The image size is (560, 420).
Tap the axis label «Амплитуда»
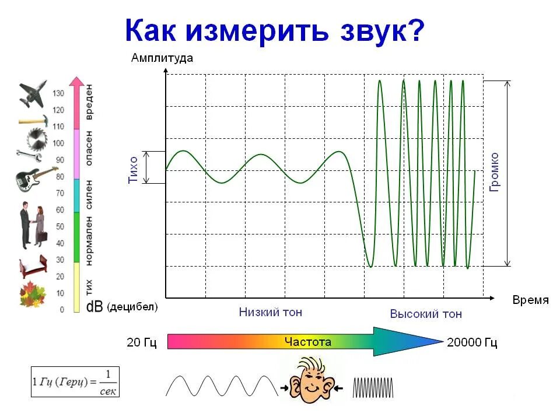[162, 58]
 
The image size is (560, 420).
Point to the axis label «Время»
[530, 300]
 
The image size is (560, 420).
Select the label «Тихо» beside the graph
[133, 170]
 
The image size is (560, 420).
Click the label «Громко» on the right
[494, 172]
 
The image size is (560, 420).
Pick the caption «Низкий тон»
[271, 312]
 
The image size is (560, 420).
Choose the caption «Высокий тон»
[426, 314]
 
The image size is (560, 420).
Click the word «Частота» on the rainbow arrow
[307, 342]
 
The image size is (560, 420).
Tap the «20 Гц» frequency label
[142, 342]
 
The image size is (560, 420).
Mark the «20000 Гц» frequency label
[472, 342]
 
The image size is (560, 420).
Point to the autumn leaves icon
[32, 294]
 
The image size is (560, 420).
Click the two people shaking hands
[33, 225]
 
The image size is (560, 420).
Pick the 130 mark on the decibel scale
[58, 93]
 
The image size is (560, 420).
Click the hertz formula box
[75, 382]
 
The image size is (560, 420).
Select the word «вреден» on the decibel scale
[89, 101]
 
